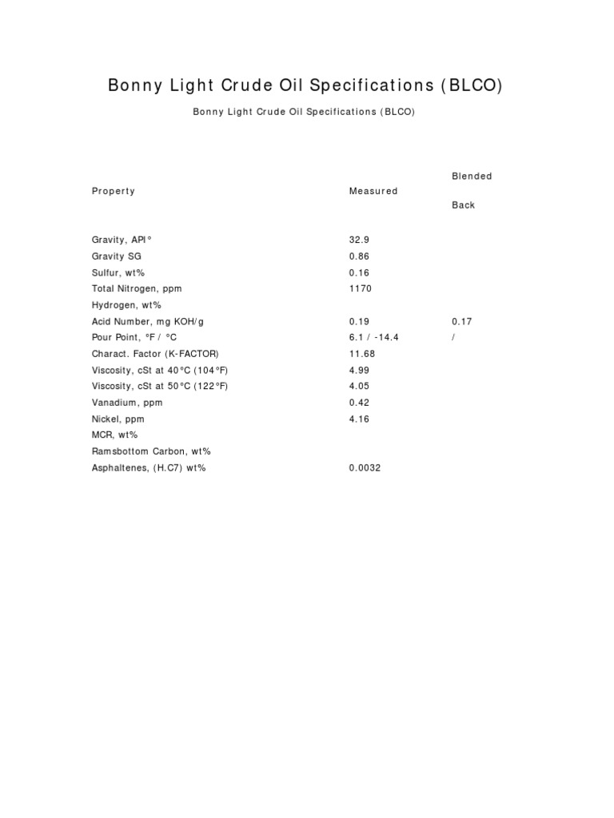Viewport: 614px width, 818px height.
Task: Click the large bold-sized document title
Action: (305, 86)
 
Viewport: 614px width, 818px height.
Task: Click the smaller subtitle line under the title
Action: (304, 113)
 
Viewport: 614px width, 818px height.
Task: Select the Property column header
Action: (114, 191)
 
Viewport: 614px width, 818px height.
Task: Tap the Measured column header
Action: (373, 191)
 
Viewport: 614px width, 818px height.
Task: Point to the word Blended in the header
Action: (472, 176)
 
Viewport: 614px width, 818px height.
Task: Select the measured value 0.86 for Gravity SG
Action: (360, 256)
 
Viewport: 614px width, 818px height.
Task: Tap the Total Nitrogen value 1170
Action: (361, 288)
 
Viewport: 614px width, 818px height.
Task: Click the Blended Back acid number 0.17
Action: (462, 321)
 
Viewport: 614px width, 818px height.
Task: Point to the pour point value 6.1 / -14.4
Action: (373, 337)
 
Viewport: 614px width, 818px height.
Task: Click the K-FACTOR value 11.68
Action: (362, 354)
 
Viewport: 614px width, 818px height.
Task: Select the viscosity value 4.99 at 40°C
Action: (360, 370)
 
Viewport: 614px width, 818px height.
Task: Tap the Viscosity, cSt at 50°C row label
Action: (160, 387)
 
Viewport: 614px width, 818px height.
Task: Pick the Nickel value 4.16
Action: (360, 419)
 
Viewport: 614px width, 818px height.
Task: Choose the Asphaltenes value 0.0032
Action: (365, 468)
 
